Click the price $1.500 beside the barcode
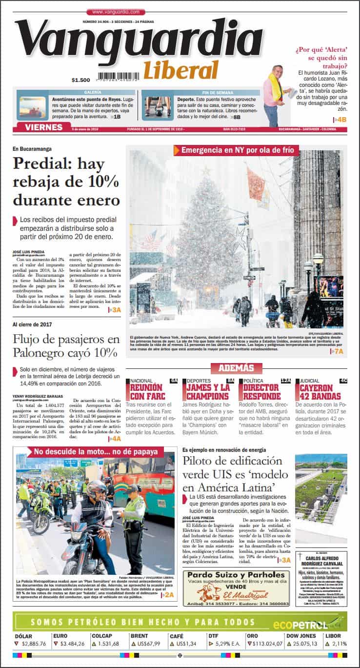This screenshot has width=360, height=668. [80, 81]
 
